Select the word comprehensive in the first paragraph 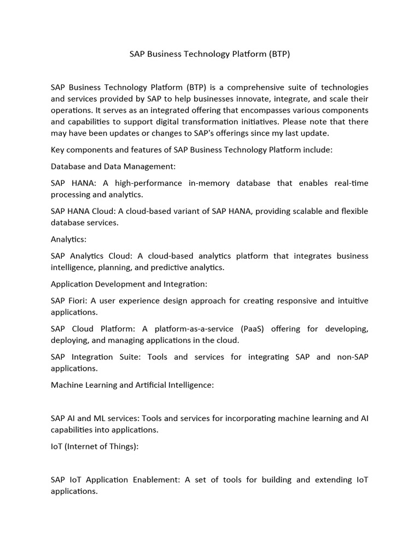[x=254, y=87]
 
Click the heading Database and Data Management [x=113, y=166]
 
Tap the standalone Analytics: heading [x=69, y=240]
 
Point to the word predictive [x=174, y=267]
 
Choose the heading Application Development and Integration [x=129, y=284]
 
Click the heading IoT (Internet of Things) [x=95, y=447]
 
